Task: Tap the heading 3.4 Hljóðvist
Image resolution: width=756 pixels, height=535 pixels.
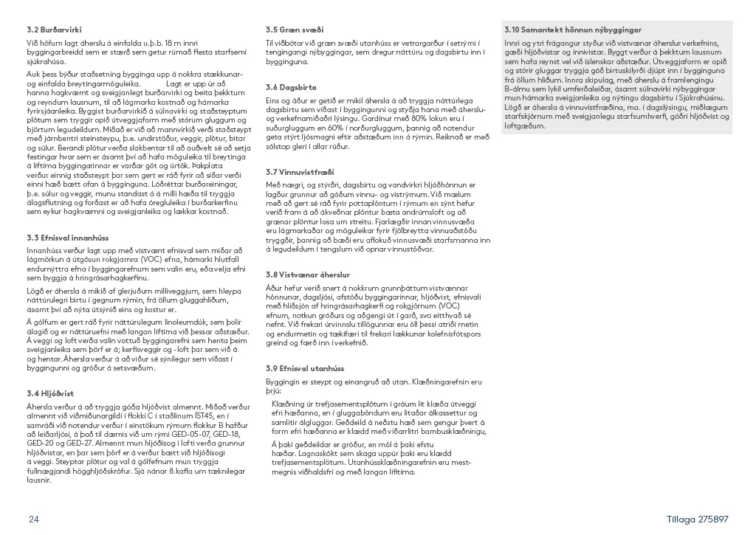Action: click(x=50, y=393)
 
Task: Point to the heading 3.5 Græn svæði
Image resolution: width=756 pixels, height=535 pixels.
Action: click(x=295, y=30)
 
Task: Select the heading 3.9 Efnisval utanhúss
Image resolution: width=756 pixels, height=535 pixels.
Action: click(x=305, y=368)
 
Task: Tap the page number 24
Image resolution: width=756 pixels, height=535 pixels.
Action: click(x=34, y=519)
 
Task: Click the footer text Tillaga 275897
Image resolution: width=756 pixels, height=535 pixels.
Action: click(x=697, y=519)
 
